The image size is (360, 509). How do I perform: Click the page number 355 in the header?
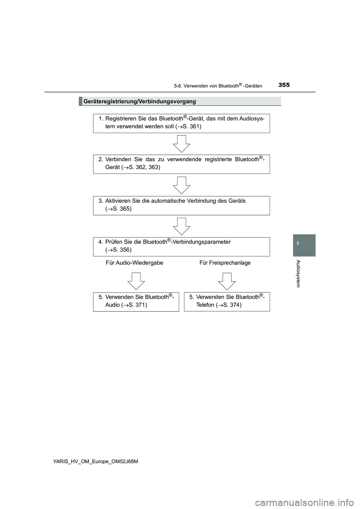pos(284,85)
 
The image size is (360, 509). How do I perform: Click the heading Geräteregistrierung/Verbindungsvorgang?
pos(139,101)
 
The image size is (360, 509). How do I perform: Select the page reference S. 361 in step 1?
pos(191,126)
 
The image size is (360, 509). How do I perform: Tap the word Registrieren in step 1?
pos(121,118)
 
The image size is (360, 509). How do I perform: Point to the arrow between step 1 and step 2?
pos(181,144)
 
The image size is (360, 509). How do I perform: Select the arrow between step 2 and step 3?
pos(181,185)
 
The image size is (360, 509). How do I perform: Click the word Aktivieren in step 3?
pos(118,201)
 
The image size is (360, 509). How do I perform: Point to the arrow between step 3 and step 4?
pos(181,226)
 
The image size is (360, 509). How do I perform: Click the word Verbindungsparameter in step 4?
pos(201,242)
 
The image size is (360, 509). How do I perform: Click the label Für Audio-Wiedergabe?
pos(135,263)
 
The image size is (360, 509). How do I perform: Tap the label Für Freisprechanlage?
pos(225,263)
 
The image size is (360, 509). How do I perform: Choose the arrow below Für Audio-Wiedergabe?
pos(136,281)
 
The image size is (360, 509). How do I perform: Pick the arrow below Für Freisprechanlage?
pos(227,281)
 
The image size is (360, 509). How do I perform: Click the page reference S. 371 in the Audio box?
pos(137,305)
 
